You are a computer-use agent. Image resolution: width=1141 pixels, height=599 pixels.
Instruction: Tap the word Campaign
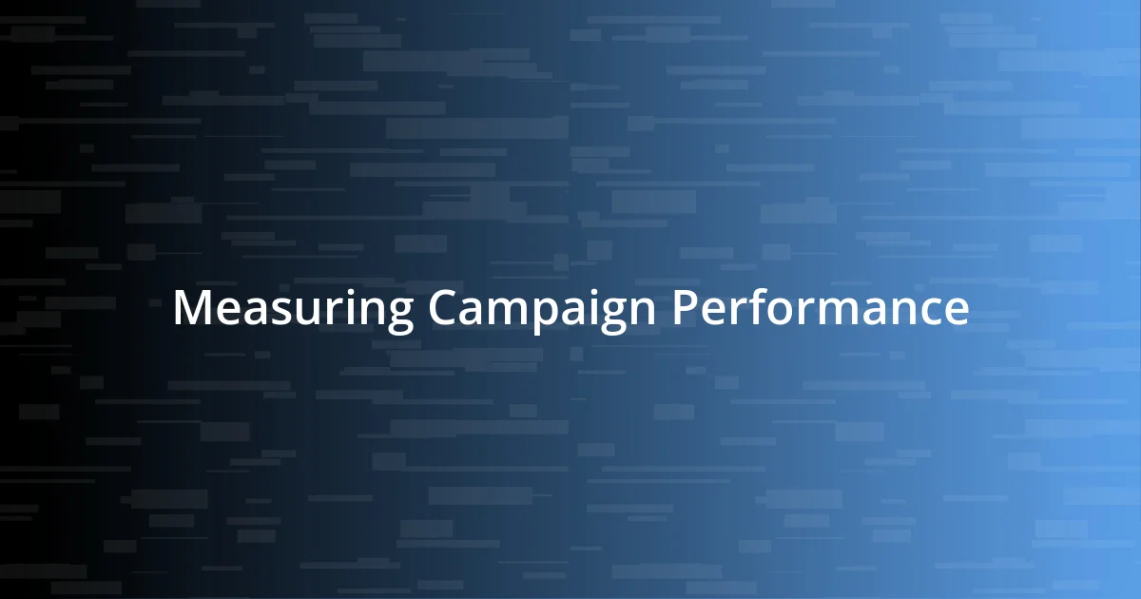tap(543, 310)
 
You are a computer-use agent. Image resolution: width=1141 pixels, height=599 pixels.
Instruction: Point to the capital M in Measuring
tap(192, 309)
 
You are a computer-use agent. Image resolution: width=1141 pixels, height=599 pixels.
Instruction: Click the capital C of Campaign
tap(444, 309)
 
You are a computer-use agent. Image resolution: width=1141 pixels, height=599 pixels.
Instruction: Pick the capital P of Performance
tap(687, 309)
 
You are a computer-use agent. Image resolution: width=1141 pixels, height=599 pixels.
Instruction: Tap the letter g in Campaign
tap(612, 318)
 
